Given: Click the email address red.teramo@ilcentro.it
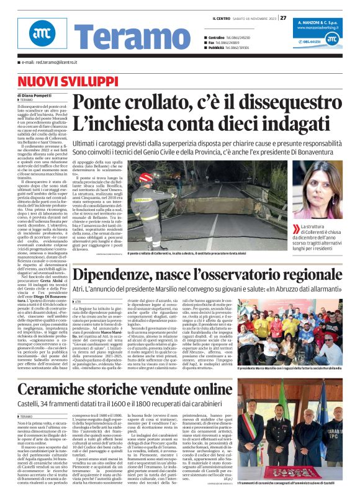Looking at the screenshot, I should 47,63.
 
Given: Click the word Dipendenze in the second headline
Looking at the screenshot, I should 117,276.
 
